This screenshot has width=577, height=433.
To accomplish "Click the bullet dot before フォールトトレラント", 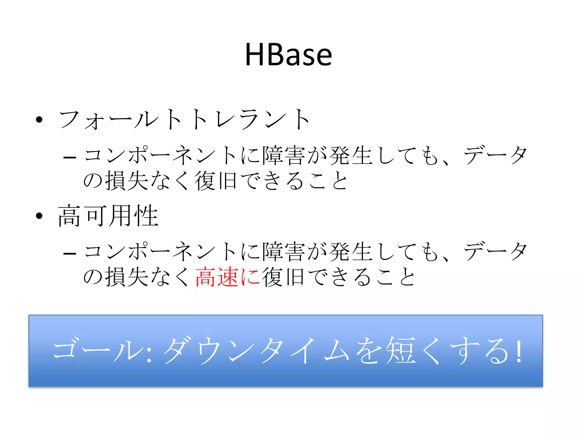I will pyautogui.click(x=39, y=120).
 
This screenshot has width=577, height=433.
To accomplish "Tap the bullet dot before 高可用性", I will pyautogui.click(x=39, y=216).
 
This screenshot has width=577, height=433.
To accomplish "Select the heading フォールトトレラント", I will pyautogui.click(x=185, y=120).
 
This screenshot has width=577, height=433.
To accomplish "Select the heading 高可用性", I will pyautogui.click(x=108, y=216).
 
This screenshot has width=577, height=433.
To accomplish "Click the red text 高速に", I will pyautogui.click(x=228, y=277).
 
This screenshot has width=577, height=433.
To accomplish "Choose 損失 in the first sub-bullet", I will pyautogui.click(x=127, y=181).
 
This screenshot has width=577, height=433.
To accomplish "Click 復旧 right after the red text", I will pyautogui.click(x=283, y=277).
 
